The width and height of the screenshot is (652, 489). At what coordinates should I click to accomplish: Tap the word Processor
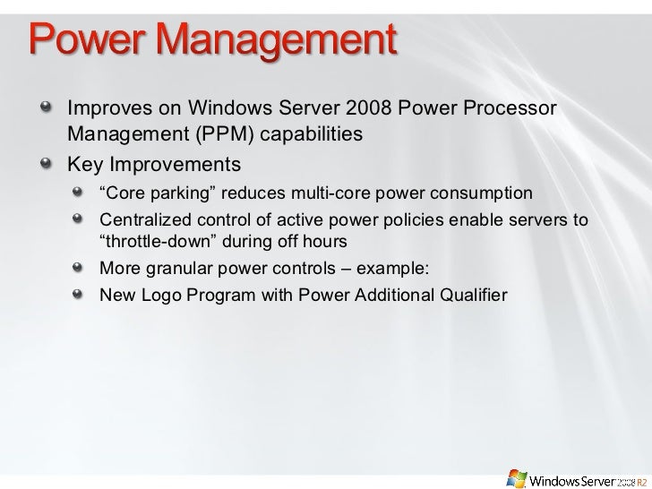(507, 109)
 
